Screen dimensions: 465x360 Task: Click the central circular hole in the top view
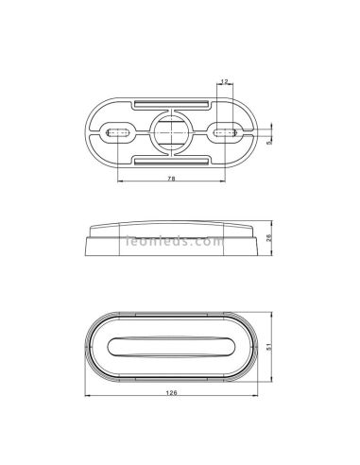pos(171,134)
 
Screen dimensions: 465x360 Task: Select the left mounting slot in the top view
pos(117,134)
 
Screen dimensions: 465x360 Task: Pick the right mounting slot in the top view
pos(225,134)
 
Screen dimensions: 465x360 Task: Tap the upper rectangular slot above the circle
pos(171,101)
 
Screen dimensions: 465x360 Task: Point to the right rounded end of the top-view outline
pos(252,134)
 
